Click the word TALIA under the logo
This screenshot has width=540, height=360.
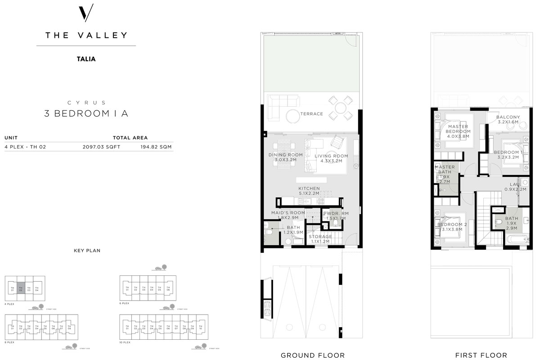pos(86,58)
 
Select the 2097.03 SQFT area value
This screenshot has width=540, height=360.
pos(101,147)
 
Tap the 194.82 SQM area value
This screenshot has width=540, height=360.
pos(156,147)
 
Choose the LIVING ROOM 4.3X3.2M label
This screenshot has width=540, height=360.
pos(331,158)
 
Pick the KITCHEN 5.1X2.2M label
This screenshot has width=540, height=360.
pos(309,191)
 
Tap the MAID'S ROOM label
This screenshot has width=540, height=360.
pos(288,215)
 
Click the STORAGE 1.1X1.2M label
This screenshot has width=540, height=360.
pos(320,239)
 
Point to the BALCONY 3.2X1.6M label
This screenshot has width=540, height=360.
pos(508,120)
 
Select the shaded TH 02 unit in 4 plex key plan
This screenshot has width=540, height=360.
pos(21,288)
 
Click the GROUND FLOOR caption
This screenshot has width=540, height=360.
pos(313,355)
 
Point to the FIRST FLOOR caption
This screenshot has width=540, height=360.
pos(481,355)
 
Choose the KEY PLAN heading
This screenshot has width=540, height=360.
pos(87,250)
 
